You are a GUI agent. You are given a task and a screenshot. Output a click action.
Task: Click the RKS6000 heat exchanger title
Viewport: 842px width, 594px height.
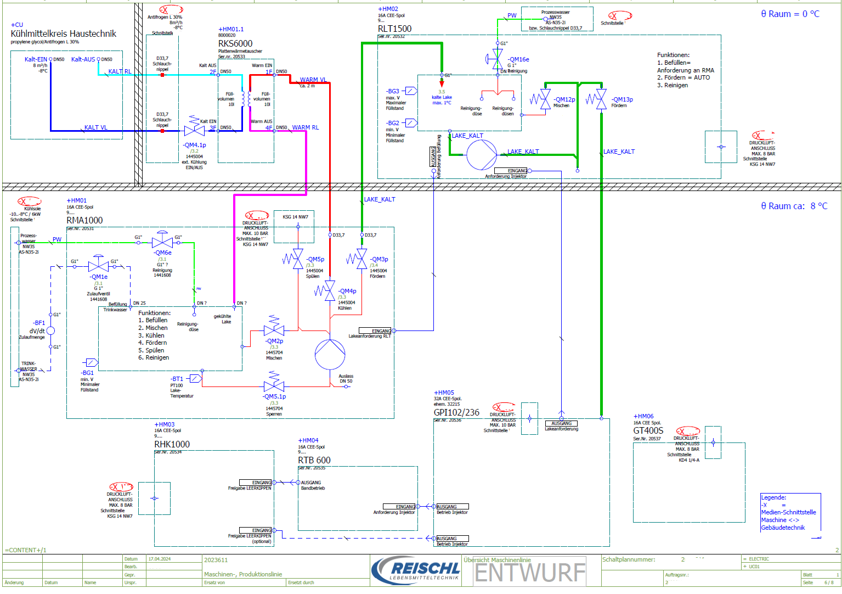(x=235, y=43)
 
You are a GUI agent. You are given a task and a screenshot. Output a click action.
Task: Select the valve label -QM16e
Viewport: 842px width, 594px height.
(x=518, y=59)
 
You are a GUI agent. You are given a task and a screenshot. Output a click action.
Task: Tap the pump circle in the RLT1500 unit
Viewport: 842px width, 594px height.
(x=482, y=154)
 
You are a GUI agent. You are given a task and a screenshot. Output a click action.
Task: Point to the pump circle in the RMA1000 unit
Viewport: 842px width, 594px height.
(x=330, y=354)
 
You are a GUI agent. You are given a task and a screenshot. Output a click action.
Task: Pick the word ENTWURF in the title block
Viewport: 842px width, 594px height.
(x=530, y=573)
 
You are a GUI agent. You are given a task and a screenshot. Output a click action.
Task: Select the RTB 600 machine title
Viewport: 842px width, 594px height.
(x=314, y=460)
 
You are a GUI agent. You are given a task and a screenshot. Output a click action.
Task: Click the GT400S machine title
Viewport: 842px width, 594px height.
(x=648, y=430)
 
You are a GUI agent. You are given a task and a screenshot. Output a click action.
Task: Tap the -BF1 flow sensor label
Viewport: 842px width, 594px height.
(x=39, y=323)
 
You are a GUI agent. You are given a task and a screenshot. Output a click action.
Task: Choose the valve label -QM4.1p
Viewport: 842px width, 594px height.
(x=194, y=145)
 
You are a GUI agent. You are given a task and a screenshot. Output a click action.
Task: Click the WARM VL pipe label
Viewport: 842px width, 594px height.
(x=313, y=80)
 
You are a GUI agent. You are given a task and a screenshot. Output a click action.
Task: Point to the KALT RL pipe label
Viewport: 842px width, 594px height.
(x=120, y=71)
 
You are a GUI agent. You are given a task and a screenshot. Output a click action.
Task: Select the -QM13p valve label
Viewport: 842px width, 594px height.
(x=623, y=99)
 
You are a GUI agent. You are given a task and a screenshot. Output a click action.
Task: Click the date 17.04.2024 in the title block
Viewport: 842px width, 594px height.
(x=160, y=559)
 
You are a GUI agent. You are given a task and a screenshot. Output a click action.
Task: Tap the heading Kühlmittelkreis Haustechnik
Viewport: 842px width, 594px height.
(x=64, y=33)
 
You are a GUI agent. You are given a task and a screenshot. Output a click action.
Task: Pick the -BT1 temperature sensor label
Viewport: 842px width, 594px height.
(x=177, y=379)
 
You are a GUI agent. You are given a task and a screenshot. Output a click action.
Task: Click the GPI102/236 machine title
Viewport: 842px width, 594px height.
(x=456, y=412)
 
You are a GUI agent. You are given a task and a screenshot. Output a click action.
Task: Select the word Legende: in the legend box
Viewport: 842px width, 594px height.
(x=773, y=497)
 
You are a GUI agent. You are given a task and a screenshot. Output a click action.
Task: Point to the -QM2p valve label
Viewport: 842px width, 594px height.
(x=274, y=341)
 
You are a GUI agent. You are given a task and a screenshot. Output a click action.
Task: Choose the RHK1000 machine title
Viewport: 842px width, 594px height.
(x=172, y=444)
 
